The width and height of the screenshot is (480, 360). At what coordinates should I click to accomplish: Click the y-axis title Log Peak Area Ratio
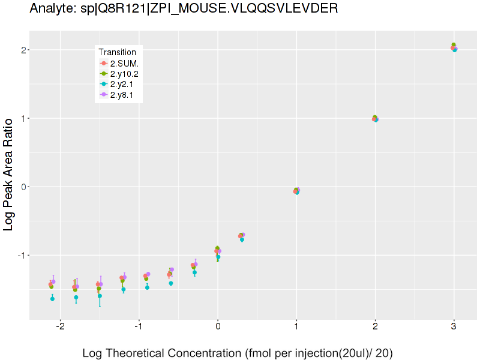pyautogui.click(x=9, y=182)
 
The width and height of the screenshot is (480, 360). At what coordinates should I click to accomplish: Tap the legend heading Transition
pyautogui.click(x=117, y=52)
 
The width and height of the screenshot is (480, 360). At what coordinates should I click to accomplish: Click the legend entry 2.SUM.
pyautogui.click(x=124, y=63)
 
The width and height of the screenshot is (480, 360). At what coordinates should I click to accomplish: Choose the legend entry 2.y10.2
pyautogui.click(x=124, y=74)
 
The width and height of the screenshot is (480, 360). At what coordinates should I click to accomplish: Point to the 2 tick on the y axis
pyautogui.click(x=23, y=50)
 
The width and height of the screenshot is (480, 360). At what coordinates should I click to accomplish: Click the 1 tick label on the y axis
pyautogui.click(x=23, y=118)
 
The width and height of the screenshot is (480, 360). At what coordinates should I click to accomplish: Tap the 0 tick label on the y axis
pyautogui.click(x=23, y=187)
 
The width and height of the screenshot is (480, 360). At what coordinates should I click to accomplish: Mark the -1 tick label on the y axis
pyautogui.click(x=21, y=255)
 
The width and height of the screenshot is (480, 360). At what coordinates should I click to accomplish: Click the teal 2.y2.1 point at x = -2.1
pyautogui.click(x=53, y=298)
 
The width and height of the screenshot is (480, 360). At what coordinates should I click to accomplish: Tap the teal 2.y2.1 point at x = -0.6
pyautogui.click(x=171, y=283)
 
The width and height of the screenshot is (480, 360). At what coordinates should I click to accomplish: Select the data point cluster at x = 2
pyautogui.click(x=375, y=119)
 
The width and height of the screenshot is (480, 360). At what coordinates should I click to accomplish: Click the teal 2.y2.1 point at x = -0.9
pyautogui.click(x=147, y=287)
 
